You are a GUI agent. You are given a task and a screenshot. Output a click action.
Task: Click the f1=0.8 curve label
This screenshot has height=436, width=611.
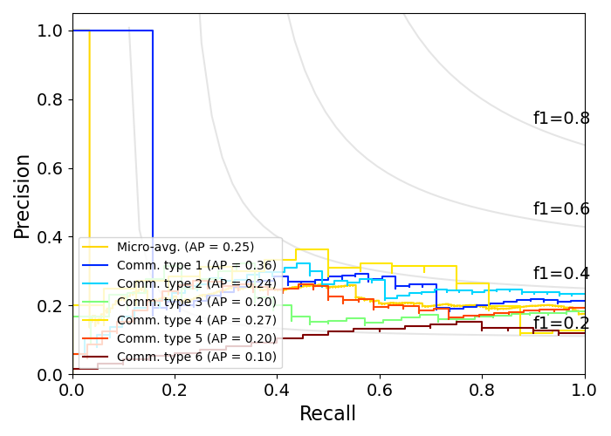pos(561,119)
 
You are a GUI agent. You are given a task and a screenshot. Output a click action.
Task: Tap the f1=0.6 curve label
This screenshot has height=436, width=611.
pos(561,209)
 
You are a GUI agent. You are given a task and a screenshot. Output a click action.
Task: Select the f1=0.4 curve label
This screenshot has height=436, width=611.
pos(561,274)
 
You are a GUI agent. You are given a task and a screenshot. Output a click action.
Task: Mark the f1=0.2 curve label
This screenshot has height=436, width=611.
pos(561,324)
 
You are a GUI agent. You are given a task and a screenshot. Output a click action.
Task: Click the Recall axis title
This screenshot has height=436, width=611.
pos(327,414)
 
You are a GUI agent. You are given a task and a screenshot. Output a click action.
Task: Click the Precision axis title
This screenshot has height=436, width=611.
pos(23,195)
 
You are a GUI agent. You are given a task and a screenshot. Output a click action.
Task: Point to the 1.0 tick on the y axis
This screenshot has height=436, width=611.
pos(50,31)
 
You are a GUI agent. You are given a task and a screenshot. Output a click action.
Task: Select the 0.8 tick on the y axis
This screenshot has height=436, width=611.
pos(50,99)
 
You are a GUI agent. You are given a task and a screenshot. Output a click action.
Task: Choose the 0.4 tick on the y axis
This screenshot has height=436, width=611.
pos(50,237)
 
